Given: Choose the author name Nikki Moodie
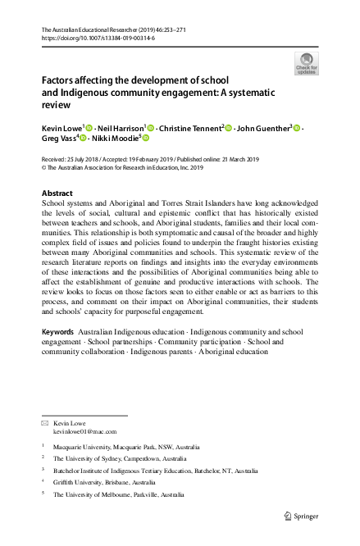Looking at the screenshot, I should [117, 140].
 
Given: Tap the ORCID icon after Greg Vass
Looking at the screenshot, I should [83, 140].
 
